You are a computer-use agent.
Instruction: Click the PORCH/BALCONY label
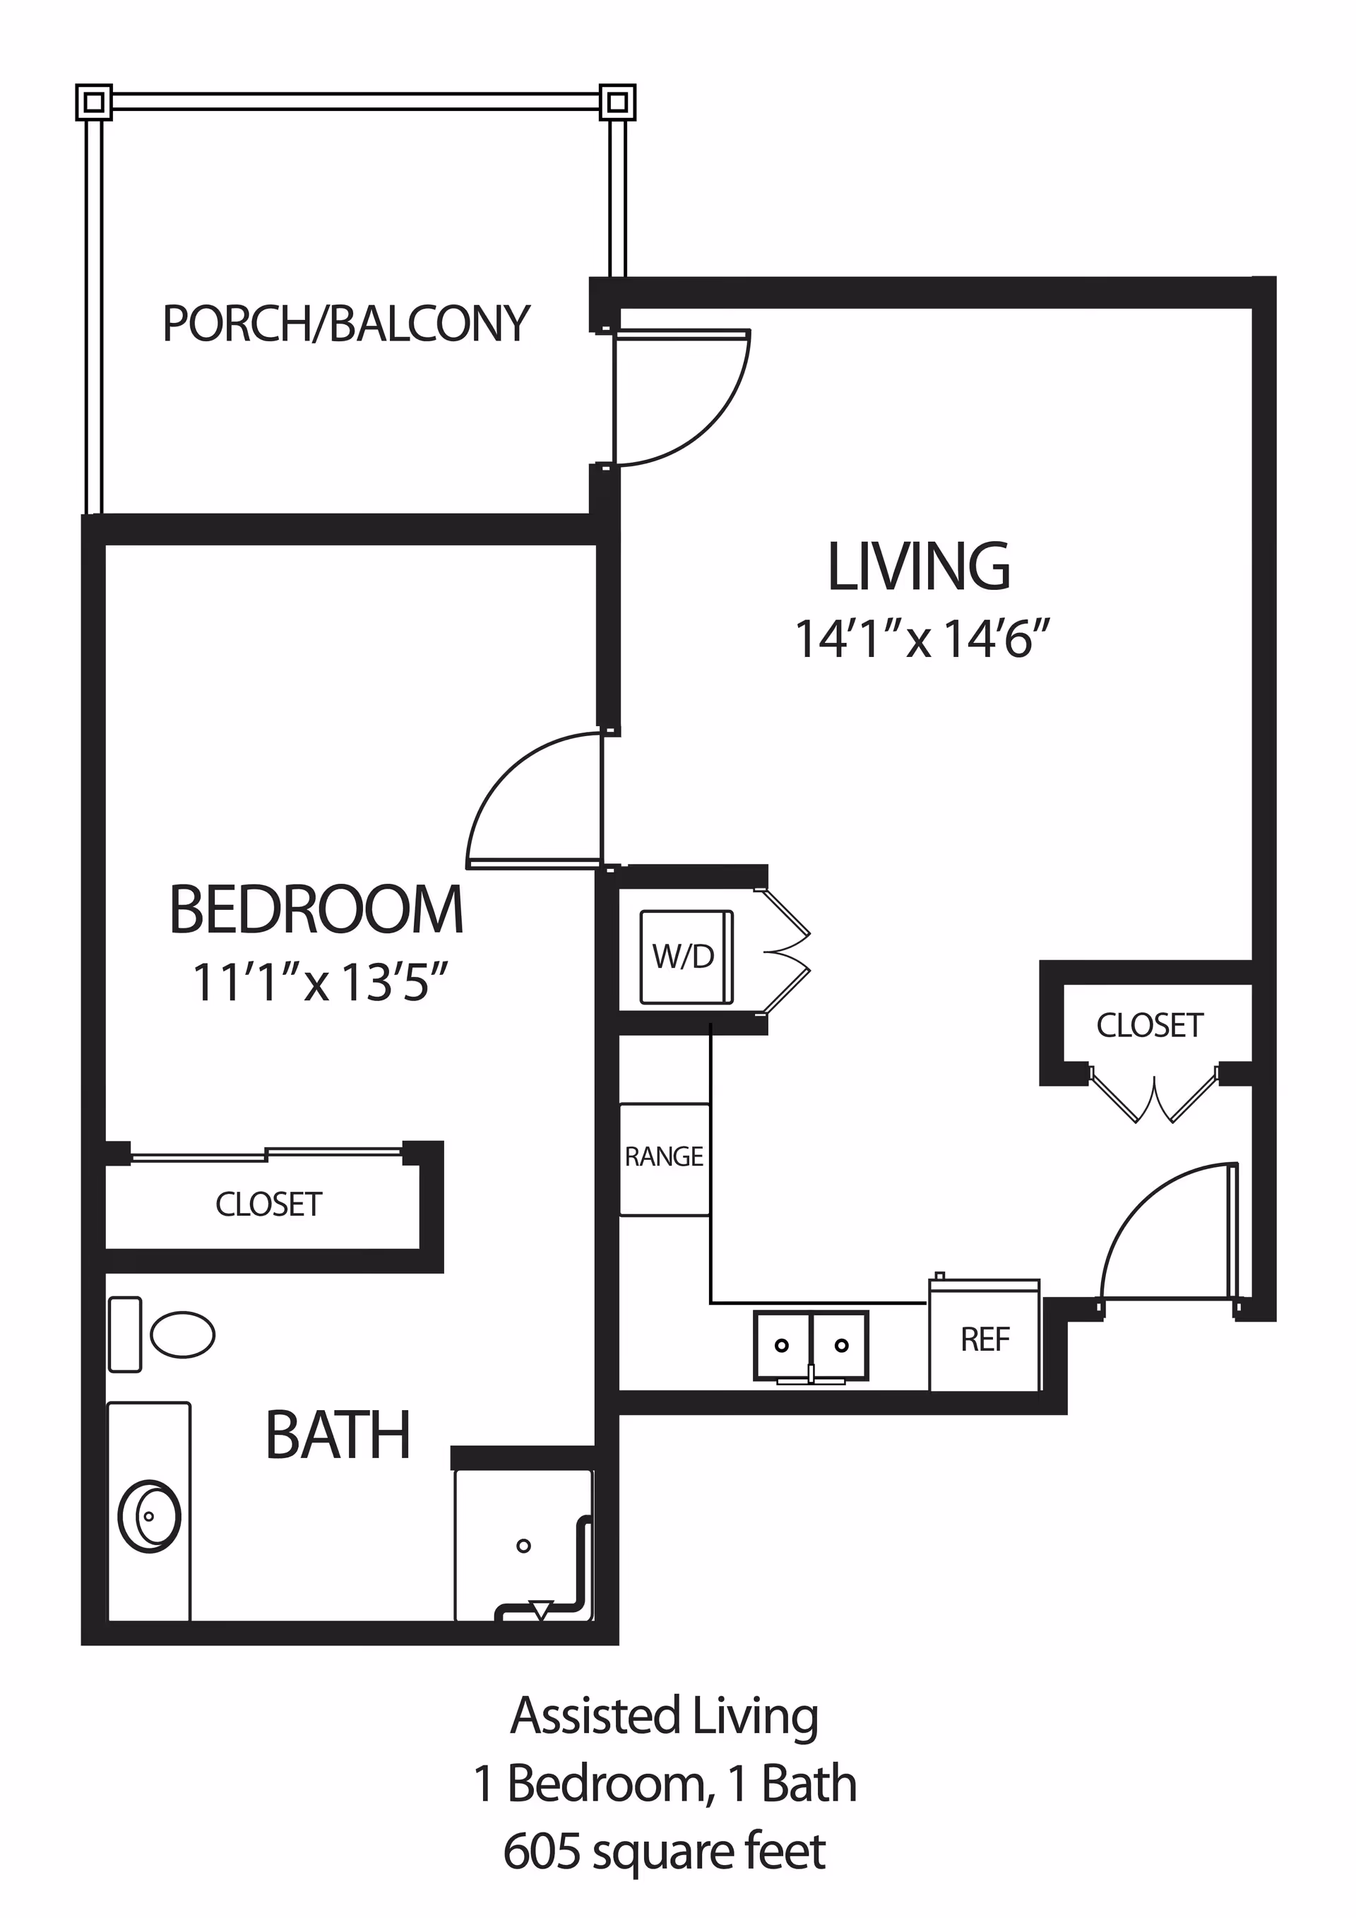[x=345, y=324]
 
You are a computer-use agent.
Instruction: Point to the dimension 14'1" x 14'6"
[x=921, y=640]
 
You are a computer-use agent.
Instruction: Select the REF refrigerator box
[x=985, y=1341]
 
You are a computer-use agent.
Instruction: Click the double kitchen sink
[x=811, y=1345]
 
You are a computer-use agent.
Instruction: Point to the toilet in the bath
[x=182, y=1334]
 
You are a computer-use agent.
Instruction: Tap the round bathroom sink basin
[x=150, y=1516]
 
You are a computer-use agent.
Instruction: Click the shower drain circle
[x=523, y=1546]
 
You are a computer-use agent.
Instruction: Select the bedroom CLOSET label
[x=269, y=1204]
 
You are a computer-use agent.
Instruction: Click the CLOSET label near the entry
[x=1149, y=1026]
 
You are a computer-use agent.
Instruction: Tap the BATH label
[x=338, y=1436]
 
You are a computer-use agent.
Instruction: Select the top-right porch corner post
[x=617, y=102]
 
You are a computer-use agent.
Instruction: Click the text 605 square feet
[x=664, y=1851]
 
